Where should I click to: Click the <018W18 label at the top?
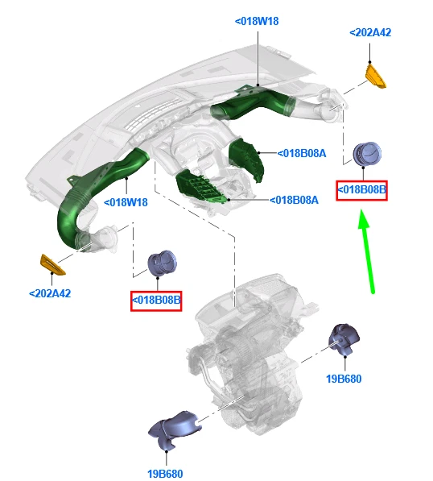coord(257,22)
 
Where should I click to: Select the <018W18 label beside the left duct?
coord(126,202)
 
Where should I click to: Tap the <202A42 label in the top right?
coord(370,32)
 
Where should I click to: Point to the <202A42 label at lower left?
coord(50,293)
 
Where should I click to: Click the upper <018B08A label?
coord(302,153)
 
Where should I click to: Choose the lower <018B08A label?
coord(294,201)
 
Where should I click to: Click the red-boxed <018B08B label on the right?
coord(361,190)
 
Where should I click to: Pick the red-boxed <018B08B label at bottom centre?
coord(156,301)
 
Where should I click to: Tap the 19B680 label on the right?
coord(344,379)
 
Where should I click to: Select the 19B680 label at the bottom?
coord(165,474)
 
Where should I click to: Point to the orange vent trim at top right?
coord(375,77)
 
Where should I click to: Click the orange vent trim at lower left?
coord(52,265)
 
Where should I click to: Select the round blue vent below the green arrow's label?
coord(367,153)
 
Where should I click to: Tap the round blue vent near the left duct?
coord(162,263)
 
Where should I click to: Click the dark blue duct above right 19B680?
coord(344,338)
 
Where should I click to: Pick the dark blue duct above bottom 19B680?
coord(173,427)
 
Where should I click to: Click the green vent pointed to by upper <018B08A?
coord(246,160)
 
